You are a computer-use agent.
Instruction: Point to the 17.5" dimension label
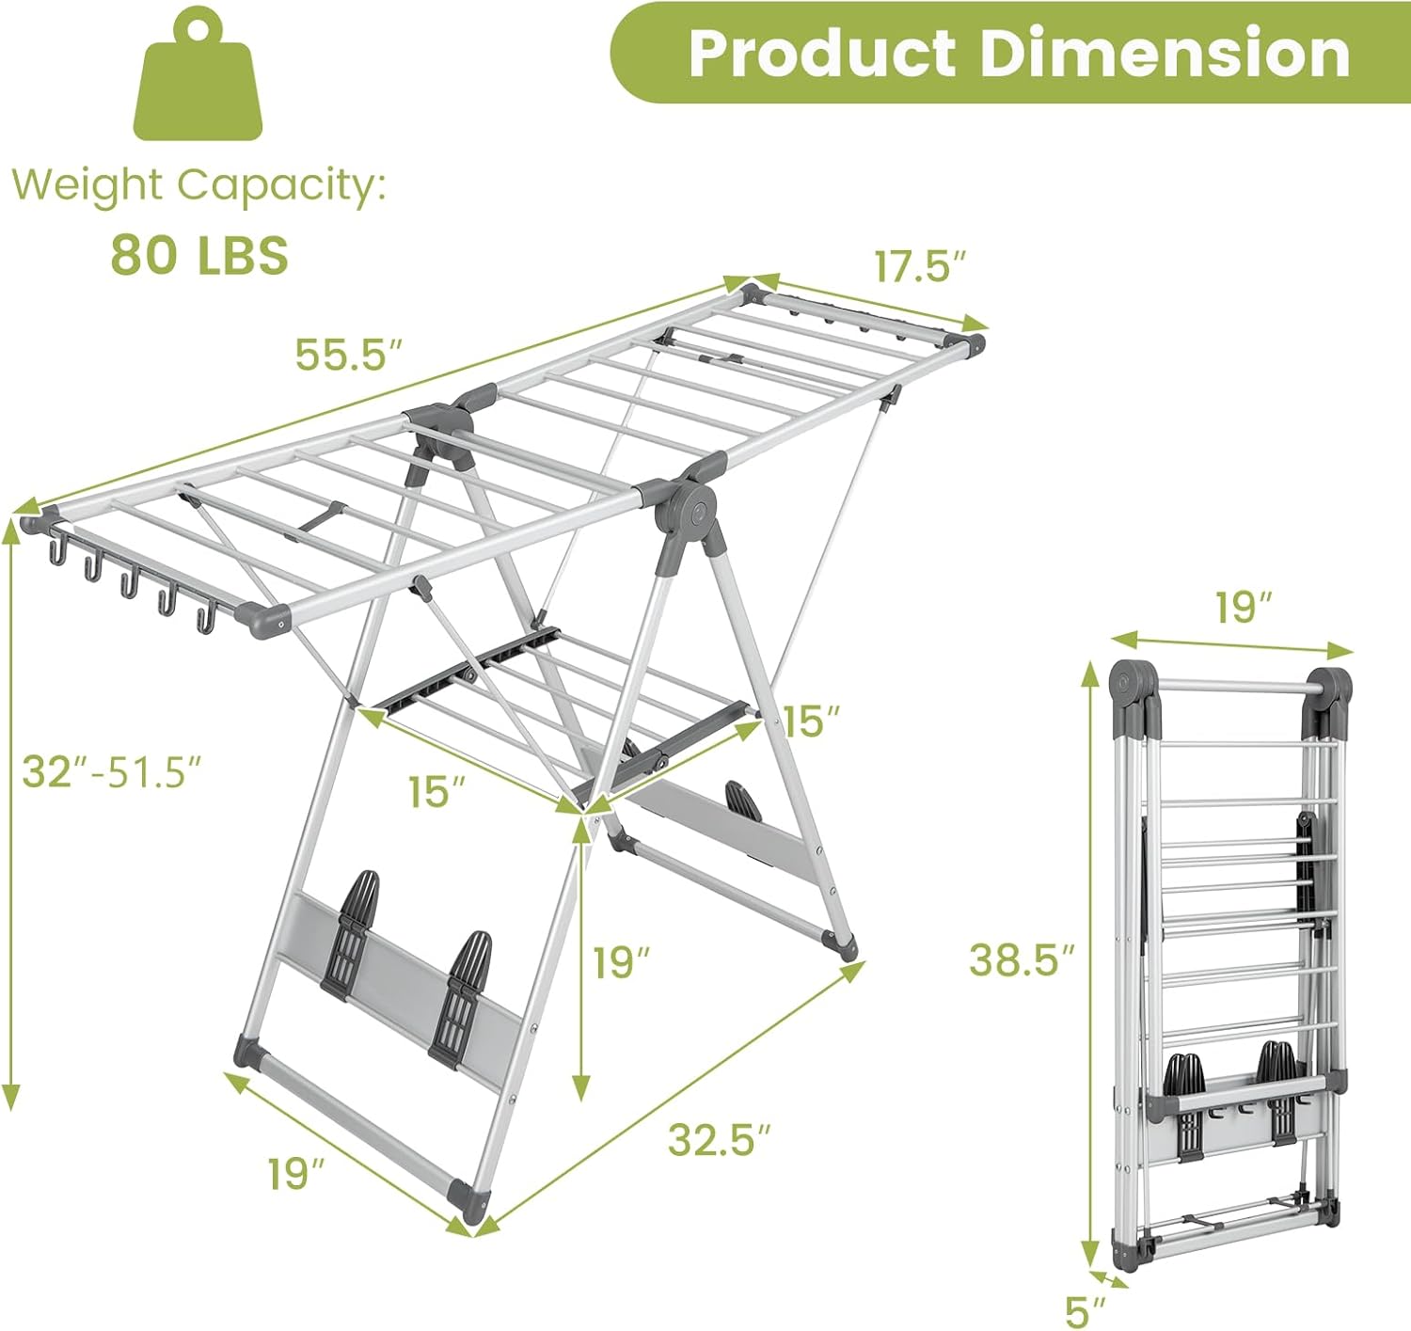(920, 266)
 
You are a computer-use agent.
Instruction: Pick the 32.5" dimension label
(720, 1139)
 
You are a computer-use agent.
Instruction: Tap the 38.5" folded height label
(1022, 960)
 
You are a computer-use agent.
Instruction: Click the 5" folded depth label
(1086, 1310)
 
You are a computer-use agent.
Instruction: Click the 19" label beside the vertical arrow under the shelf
(622, 962)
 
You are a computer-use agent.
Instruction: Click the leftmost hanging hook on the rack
(57, 549)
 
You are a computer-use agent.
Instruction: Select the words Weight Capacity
(198, 184)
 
